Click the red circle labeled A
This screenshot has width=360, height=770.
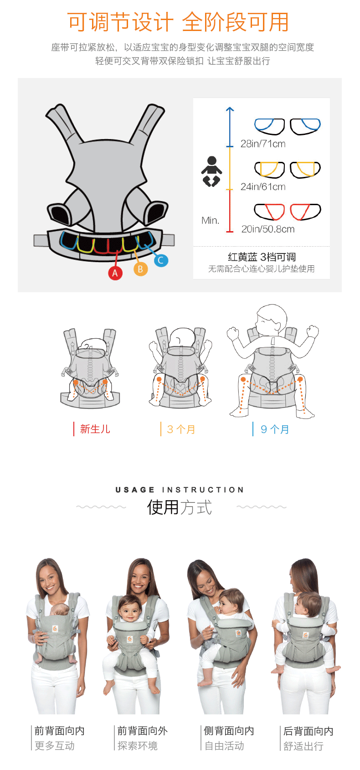click(115, 273)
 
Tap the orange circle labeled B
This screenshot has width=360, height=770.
click(140, 269)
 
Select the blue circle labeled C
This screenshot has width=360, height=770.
click(161, 260)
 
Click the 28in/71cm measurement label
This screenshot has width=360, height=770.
click(263, 144)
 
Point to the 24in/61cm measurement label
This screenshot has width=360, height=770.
click(263, 186)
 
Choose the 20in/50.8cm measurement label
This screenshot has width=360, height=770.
click(268, 229)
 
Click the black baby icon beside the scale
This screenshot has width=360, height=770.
click(211, 171)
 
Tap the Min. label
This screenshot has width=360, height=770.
click(210, 220)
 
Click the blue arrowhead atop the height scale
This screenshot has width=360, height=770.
click(230, 109)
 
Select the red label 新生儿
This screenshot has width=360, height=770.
click(95, 429)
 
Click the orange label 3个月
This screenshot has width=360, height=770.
click(181, 429)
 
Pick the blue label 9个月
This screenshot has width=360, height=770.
click(275, 429)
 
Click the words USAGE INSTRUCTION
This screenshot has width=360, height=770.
click(180, 490)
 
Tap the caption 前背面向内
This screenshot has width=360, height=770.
click(59, 731)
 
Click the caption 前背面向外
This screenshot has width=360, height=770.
click(143, 731)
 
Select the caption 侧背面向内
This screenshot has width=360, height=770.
click(229, 731)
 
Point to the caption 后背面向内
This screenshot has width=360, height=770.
click(309, 731)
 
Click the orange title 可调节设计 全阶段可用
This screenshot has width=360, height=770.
click(178, 22)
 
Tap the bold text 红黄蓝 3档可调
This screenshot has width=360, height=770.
click(262, 257)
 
